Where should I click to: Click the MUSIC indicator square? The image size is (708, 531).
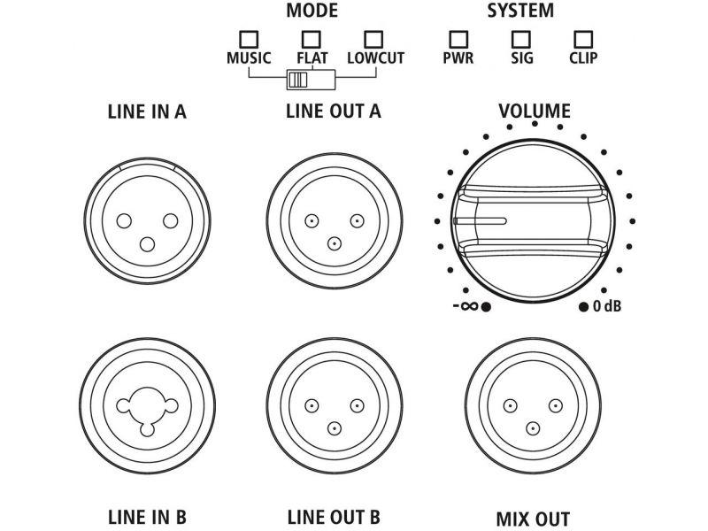point(249,40)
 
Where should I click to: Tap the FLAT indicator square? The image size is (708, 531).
point(311,40)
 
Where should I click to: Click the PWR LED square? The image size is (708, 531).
point(458,40)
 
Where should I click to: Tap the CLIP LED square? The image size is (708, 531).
point(583,40)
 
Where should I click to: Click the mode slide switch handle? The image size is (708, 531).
point(297,81)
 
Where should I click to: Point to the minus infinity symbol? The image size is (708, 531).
point(466,306)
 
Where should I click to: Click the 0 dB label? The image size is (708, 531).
point(607,306)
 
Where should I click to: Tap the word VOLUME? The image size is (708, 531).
point(534,112)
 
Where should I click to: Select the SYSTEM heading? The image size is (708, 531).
point(520,12)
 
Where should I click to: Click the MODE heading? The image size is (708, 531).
point(311,12)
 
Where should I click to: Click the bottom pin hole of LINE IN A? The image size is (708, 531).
point(148,243)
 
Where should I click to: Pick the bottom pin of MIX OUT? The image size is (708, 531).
point(532,428)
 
